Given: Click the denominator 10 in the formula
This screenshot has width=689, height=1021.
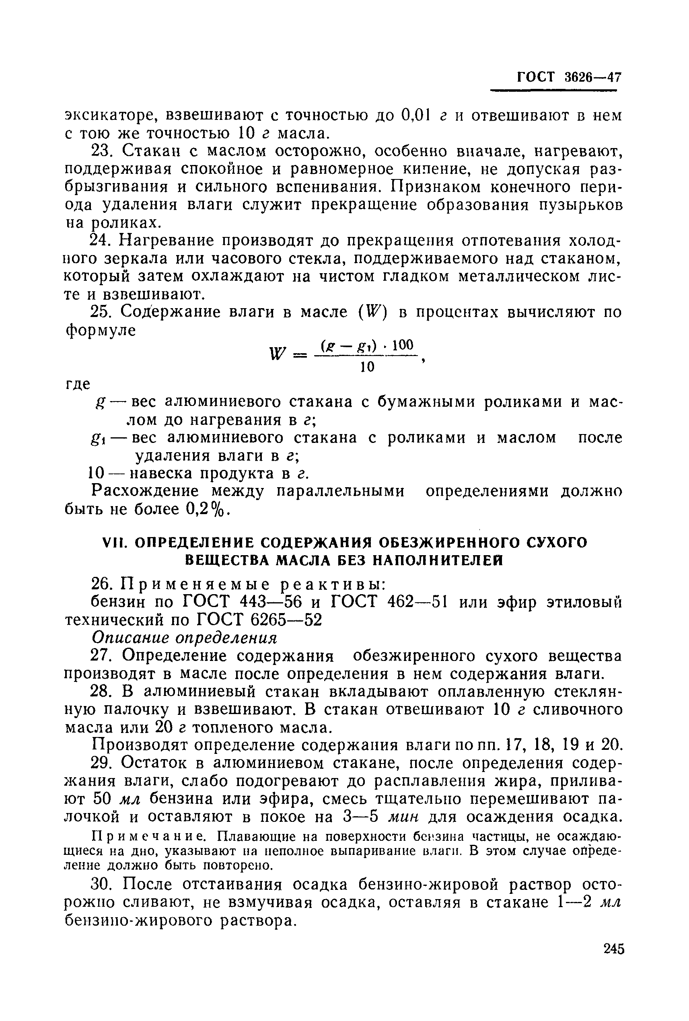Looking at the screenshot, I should tap(367, 367).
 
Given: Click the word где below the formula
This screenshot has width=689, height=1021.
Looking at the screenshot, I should tap(77, 384).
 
